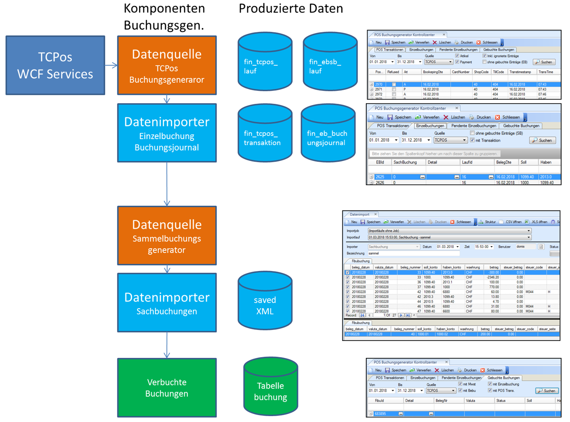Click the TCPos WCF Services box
point(55,65)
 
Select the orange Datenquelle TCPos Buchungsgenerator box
point(167,65)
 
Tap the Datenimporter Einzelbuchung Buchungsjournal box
point(167,133)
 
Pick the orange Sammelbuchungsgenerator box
point(167,236)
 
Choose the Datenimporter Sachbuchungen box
point(167,303)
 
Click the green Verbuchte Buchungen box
point(167,388)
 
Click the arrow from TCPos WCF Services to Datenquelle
point(111,65)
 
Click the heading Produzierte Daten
point(290,8)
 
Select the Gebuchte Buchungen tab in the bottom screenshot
point(503,378)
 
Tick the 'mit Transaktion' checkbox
point(472,140)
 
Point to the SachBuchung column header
point(405,162)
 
